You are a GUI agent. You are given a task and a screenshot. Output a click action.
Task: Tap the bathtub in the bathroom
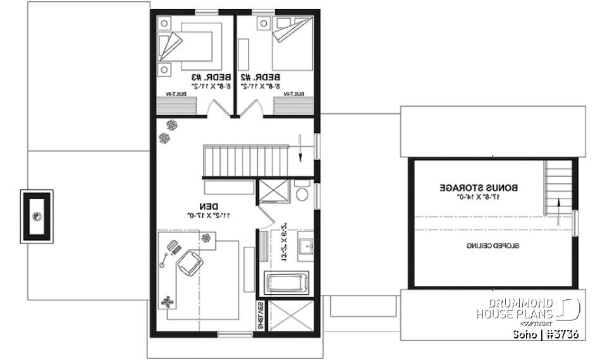tap(286, 282)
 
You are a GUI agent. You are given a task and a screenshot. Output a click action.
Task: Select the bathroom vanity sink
tap(305, 247)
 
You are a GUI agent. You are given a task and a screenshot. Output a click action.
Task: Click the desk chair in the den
tap(190, 263)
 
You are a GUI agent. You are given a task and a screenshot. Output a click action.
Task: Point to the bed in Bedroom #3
tap(193, 46)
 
